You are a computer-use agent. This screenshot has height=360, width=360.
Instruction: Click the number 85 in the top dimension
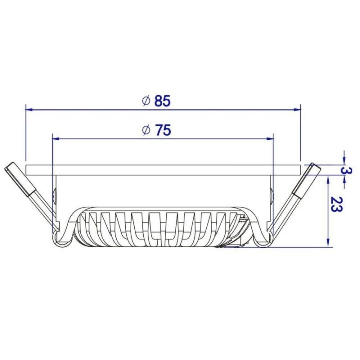pos(163,101)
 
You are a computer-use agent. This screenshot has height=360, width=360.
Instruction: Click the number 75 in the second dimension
pos(163,131)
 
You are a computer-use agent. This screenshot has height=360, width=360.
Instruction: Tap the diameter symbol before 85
pos(146,101)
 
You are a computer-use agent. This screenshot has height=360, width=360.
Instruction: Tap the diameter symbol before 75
pos(146,131)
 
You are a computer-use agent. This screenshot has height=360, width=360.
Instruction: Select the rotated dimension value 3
pos(344,171)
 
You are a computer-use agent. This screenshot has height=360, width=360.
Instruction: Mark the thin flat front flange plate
pos(163,169)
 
